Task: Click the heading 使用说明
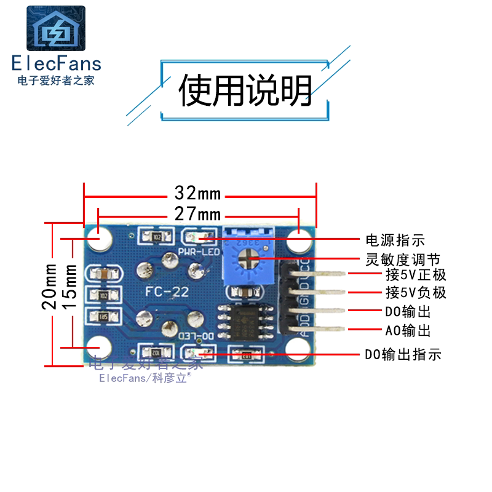245,91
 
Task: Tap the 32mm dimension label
197,194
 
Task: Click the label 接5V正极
407,274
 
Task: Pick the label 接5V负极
407,293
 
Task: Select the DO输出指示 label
403,355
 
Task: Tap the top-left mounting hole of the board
98,238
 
